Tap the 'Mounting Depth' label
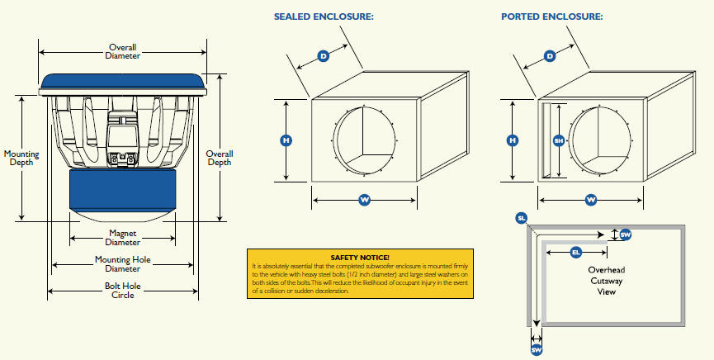(x=21, y=158)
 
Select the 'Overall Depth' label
(x=220, y=158)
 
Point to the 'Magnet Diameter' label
(x=123, y=239)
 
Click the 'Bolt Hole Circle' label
(x=122, y=291)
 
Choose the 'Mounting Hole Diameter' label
(x=123, y=264)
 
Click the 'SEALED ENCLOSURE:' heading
(x=324, y=17)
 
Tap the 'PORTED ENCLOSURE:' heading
(x=552, y=17)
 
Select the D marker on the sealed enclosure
(x=324, y=57)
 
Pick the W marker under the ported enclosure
(x=591, y=200)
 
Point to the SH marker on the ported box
(x=559, y=140)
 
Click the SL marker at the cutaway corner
(x=521, y=218)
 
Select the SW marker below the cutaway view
(x=536, y=350)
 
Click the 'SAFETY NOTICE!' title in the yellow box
(x=360, y=258)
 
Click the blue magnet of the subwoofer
(x=122, y=191)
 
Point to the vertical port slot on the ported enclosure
(x=545, y=140)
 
